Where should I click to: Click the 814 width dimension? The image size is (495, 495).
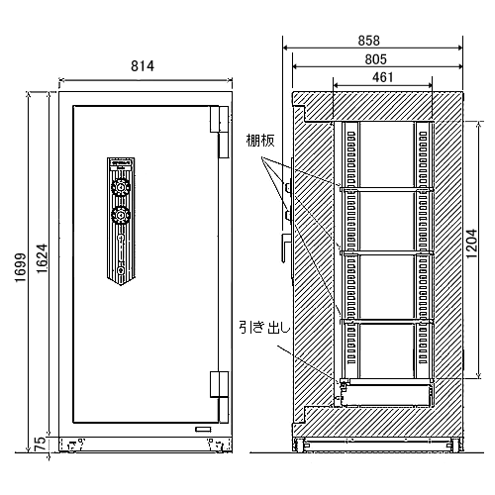(143, 66)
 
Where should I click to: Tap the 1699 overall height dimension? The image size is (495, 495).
(21, 267)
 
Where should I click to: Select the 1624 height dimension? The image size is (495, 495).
(43, 258)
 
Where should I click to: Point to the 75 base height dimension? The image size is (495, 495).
(40, 444)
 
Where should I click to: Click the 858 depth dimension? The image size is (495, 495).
(369, 41)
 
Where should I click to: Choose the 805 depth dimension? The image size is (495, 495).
(375, 59)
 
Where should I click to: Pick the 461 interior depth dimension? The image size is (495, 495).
(383, 77)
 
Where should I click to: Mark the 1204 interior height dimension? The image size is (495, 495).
(471, 244)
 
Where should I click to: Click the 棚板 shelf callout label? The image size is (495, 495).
(260, 141)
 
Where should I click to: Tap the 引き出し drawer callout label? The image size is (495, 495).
(264, 328)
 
